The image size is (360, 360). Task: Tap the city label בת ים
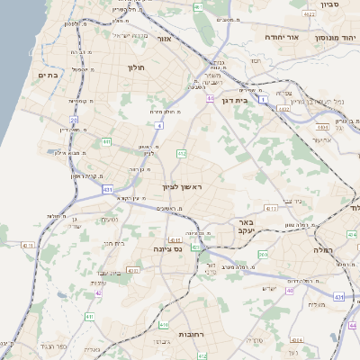pos(48,76)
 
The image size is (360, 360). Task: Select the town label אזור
pos(164,39)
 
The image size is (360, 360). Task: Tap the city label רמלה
pos(323,249)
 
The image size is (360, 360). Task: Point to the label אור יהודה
pos(281,38)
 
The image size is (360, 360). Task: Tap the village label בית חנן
pos(113,243)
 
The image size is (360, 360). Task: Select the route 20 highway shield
pos(74,118)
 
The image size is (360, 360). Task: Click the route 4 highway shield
pos(159,126)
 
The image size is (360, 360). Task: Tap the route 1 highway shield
pos(262,100)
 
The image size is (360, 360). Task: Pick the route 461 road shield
pos(198,6)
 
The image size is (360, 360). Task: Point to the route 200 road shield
pos(263,255)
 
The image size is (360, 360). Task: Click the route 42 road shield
pos(97,292)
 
